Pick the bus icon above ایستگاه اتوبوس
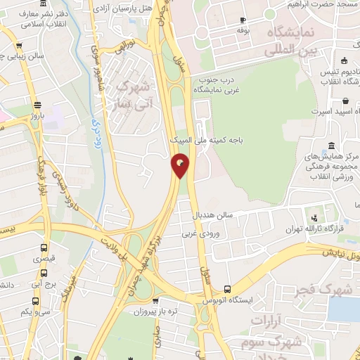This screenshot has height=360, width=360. [x=226, y=289]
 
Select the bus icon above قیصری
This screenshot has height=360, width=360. [x=44, y=248]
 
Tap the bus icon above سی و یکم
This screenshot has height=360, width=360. [x=44, y=298]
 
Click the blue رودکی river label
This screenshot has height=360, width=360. [x=94, y=131]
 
